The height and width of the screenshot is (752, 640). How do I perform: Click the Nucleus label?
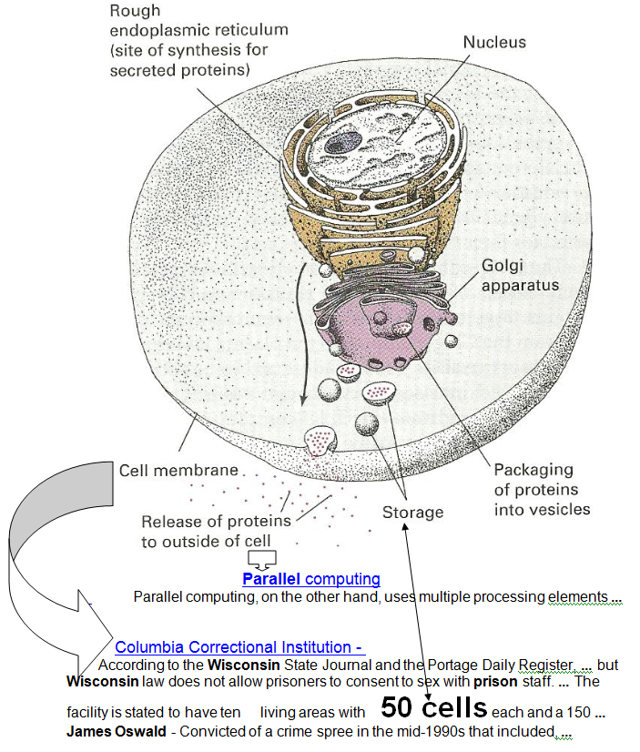(494, 43)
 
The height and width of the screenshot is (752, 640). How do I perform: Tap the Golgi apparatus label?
(520, 275)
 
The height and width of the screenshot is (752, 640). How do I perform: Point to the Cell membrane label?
(178, 471)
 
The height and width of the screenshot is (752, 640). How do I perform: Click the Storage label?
(412, 513)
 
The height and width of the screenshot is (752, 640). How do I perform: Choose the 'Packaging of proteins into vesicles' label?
(542, 490)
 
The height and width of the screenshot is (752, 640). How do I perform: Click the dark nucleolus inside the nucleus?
(343, 141)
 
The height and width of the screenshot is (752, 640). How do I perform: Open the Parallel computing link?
(310, 579)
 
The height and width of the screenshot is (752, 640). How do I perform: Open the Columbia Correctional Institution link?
(239, 647)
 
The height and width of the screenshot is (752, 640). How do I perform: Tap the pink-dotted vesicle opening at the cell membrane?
(318, 441)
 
